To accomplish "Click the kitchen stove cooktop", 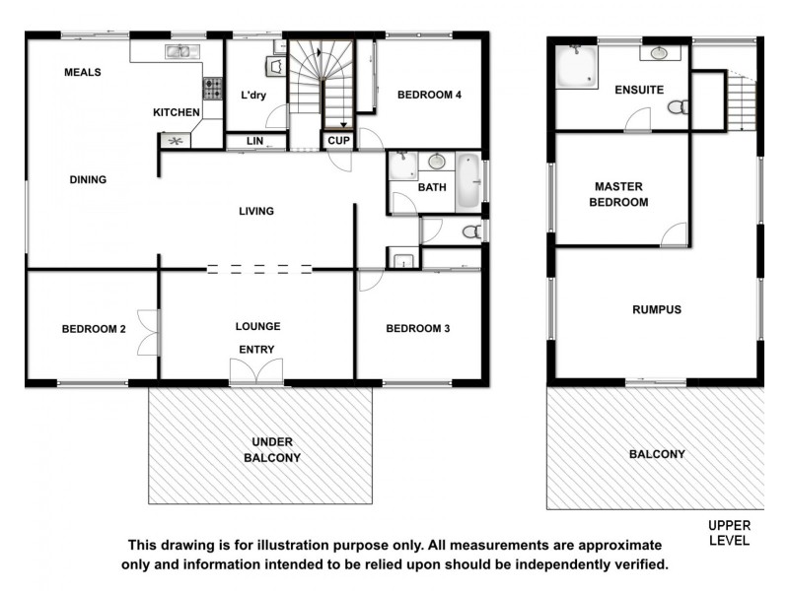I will click(x=213, y=89).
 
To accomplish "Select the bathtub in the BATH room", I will click(x=467, y=181).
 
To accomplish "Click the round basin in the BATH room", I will click(x=436, y=162).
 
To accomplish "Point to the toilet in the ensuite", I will click(x=678, y=106).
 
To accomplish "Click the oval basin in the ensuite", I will click(x=658, y=53).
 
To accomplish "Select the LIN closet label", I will click(x=254, y=142).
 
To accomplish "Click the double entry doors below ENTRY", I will click(x=256, y=371).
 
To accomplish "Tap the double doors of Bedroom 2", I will click(x=148, y=331).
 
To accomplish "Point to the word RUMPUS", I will click(x=656, y=309).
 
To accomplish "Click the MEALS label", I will click(x=83, y=72).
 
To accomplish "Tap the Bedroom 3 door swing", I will click(x=370, y=281).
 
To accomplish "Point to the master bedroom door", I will click(x=675, y=234).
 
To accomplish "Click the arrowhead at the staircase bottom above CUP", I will click(x=343, y=125).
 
